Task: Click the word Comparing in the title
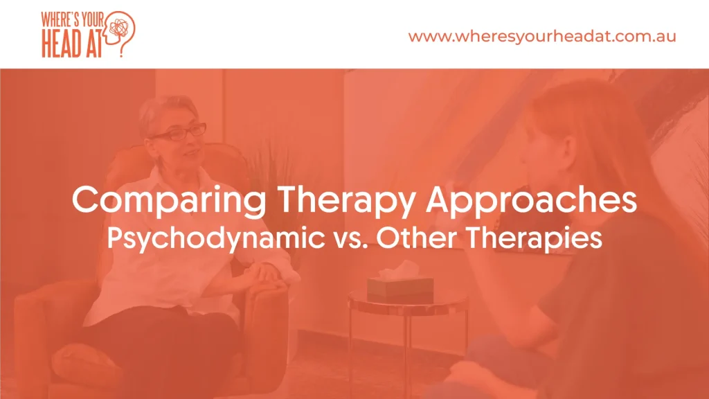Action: click(169, 200)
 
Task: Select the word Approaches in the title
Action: click(531, 200)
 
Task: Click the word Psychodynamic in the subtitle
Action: click(216, 238)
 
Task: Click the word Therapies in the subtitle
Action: click(534, 238)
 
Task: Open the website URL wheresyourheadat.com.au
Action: click(542, 36)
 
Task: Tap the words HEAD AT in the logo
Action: click(71, 44)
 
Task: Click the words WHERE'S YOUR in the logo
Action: click(72, 20)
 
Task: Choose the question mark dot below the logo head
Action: click(121, 55)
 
